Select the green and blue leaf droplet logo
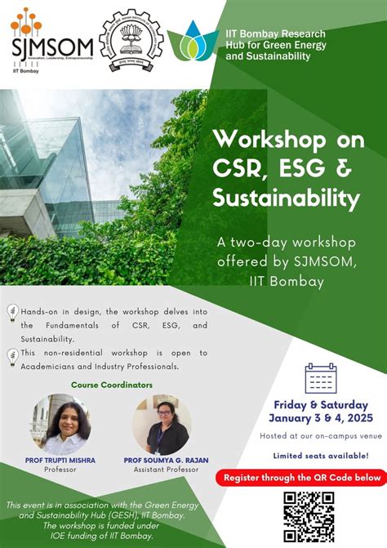(194, 40)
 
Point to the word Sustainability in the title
(286, 197)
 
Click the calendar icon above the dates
(320, 377)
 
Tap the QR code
(309, 516)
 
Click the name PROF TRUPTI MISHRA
(60, 460)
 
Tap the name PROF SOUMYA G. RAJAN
(162, 460)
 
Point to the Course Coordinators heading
(112, 385)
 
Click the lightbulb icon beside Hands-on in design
(12, 311)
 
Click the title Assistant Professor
(162, 470)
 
